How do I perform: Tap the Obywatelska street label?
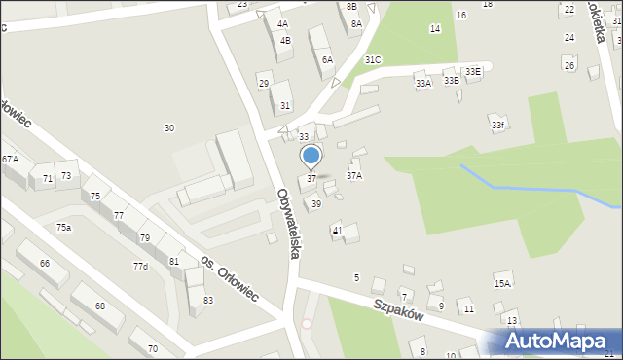[288, 223]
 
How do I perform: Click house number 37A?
[354, 176]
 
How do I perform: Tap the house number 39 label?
[316, 203]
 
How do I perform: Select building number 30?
[169, 128]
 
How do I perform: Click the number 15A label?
[502, 283]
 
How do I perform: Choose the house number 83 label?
[207, 300]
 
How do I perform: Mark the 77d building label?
[140, 266]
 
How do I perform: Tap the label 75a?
[63, 227]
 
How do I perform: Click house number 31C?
[373, 59]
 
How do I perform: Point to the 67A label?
[10, 159]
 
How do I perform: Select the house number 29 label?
[264, 84]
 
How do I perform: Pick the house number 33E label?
[472, 71]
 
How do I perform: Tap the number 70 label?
[152, 348]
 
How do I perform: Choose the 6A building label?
[327, 59]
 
